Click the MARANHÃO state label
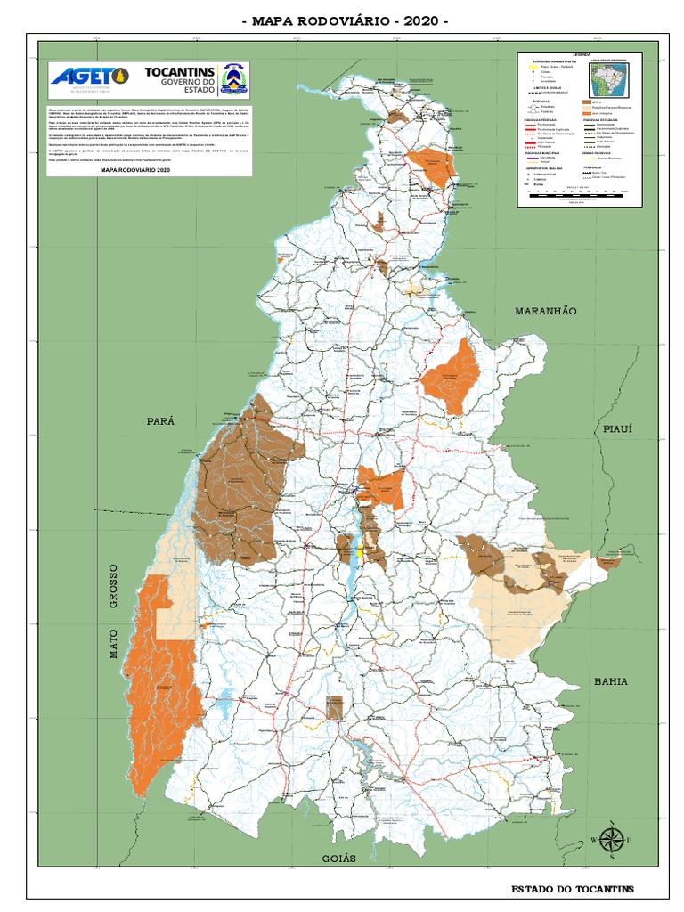(x=545, y=311)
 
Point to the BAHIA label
(x=611, y=681)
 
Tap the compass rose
(x=611, y=840)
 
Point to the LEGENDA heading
(x=581, y=55)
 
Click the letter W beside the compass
(x=594, y=840)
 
